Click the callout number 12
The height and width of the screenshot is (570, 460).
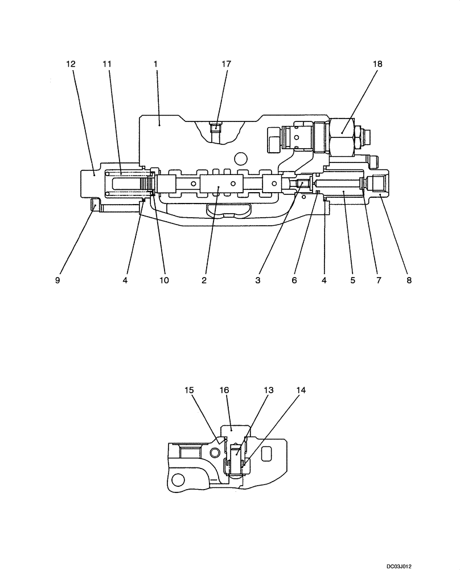71,64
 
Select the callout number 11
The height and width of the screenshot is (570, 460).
106,64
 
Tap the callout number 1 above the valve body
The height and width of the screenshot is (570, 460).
155,64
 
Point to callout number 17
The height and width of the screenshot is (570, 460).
226,64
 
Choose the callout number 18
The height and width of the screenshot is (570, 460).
377,64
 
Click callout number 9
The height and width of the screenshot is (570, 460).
57,280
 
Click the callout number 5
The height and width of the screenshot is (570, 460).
352,280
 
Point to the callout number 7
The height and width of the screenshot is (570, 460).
379,280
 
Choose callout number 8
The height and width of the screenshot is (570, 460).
408,280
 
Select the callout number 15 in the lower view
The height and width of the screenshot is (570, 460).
190,390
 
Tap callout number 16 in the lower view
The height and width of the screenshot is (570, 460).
224,390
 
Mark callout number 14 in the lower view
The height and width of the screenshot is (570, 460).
301,390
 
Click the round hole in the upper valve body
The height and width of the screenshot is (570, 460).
242,158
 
